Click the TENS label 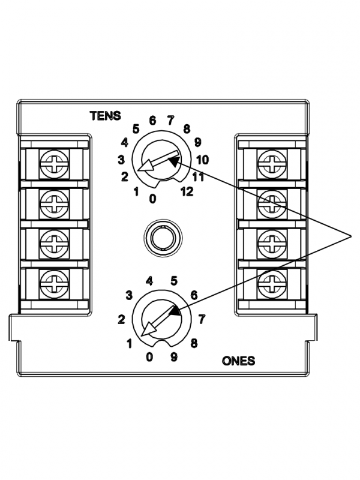coord(106,116)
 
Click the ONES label coord(238,361)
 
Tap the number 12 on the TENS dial coord(186,191)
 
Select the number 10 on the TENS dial coord(202,160)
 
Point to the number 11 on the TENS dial coord(199,176)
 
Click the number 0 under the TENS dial coord(153,198)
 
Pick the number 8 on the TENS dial coord(187,128)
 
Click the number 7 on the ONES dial coord(202,318)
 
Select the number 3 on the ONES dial coord(128,295)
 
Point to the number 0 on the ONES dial coord(149,358)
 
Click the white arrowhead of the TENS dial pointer coord(144,170)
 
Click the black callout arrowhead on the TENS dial coord(173,160)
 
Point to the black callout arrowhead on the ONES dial coord(175,311)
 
